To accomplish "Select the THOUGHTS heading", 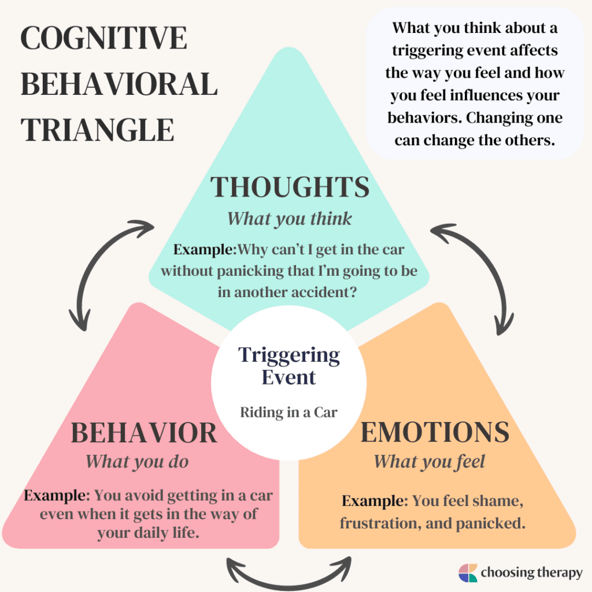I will point(290,188).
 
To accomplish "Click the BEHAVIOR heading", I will point(144,434).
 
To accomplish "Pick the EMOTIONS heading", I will point(435,433).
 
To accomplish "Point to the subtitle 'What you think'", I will point(289,219).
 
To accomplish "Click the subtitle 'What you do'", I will point(137,461).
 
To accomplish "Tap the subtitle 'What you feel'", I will point(429,461).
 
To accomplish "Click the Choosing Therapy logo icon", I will point(468,573).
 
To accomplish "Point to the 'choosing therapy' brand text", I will point(531,573).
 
